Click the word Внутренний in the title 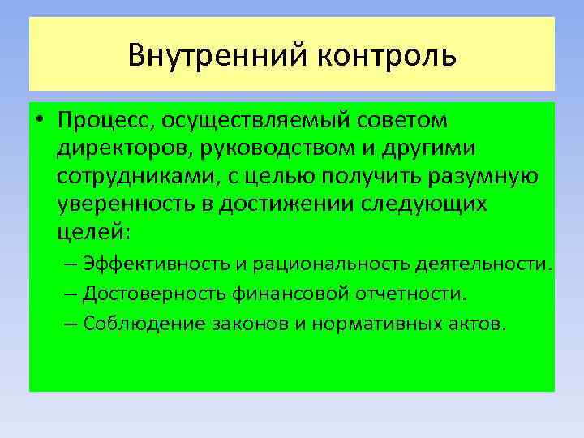[x=215, y=56]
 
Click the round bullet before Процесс [x=40, y=122]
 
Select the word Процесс [x=104, y=122]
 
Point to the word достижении [x=304, y=204]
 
